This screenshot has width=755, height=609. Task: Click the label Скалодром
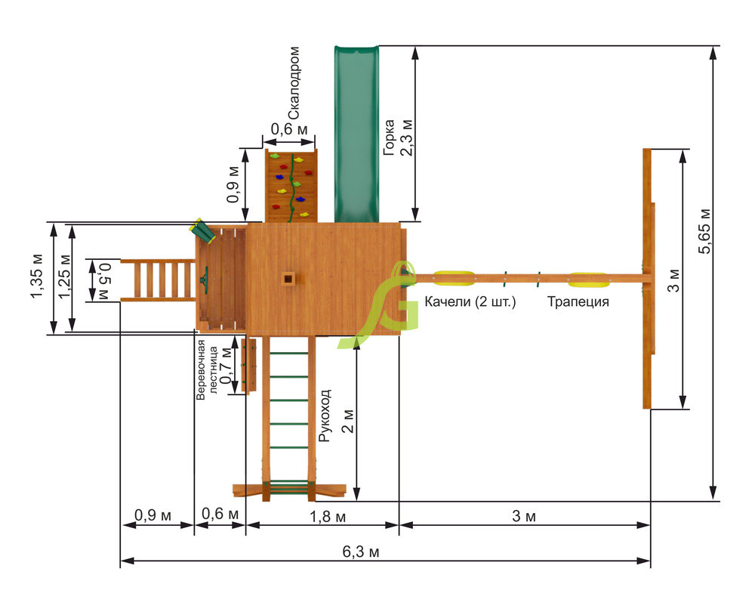click(x=294, y=83)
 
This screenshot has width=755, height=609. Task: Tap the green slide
click(x=357, y=134)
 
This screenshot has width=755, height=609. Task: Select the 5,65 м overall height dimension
click(x=704, y=230)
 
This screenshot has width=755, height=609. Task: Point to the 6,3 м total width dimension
click(x=361, y=552)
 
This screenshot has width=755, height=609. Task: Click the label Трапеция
click(x=578, y=301)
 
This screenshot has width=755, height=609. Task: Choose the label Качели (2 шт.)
click(x=470, y=301)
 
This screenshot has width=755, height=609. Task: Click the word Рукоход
click(x=325, y=416)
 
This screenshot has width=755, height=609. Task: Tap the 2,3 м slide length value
click(x=407, y=137)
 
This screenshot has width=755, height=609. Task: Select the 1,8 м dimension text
click(x=328, y=517)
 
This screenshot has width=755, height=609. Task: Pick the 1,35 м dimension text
click(x=37, y=276)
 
